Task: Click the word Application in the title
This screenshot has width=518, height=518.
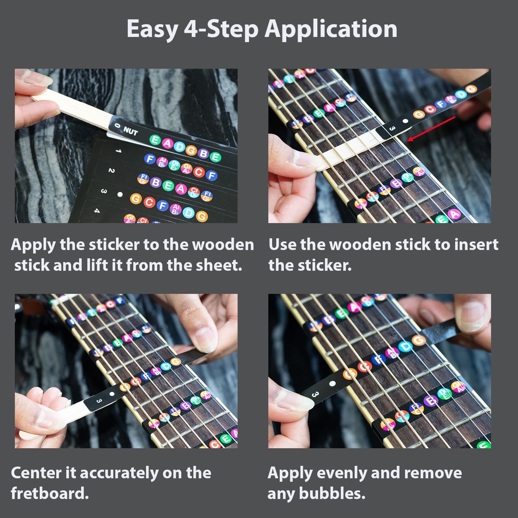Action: [x=331, y=29]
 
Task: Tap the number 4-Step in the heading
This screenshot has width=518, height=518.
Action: [x=221, y=29]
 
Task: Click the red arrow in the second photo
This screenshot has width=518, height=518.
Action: [x=432, y=128]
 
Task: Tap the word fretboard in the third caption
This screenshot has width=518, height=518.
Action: [x=50, y=493]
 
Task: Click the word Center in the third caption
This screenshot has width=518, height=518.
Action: [x=36, y=473]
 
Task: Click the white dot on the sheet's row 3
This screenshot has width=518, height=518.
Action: [x=120, y=194]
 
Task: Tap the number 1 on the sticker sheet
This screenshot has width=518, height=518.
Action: [x=118, y=151]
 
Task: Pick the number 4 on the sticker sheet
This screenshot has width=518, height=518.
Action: [x=97, y=210]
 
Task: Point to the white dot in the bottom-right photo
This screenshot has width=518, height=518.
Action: [x=332, y=384]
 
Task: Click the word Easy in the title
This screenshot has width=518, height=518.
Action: [x=152, y=29]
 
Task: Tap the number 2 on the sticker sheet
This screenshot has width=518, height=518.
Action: [x=111, y=170]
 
